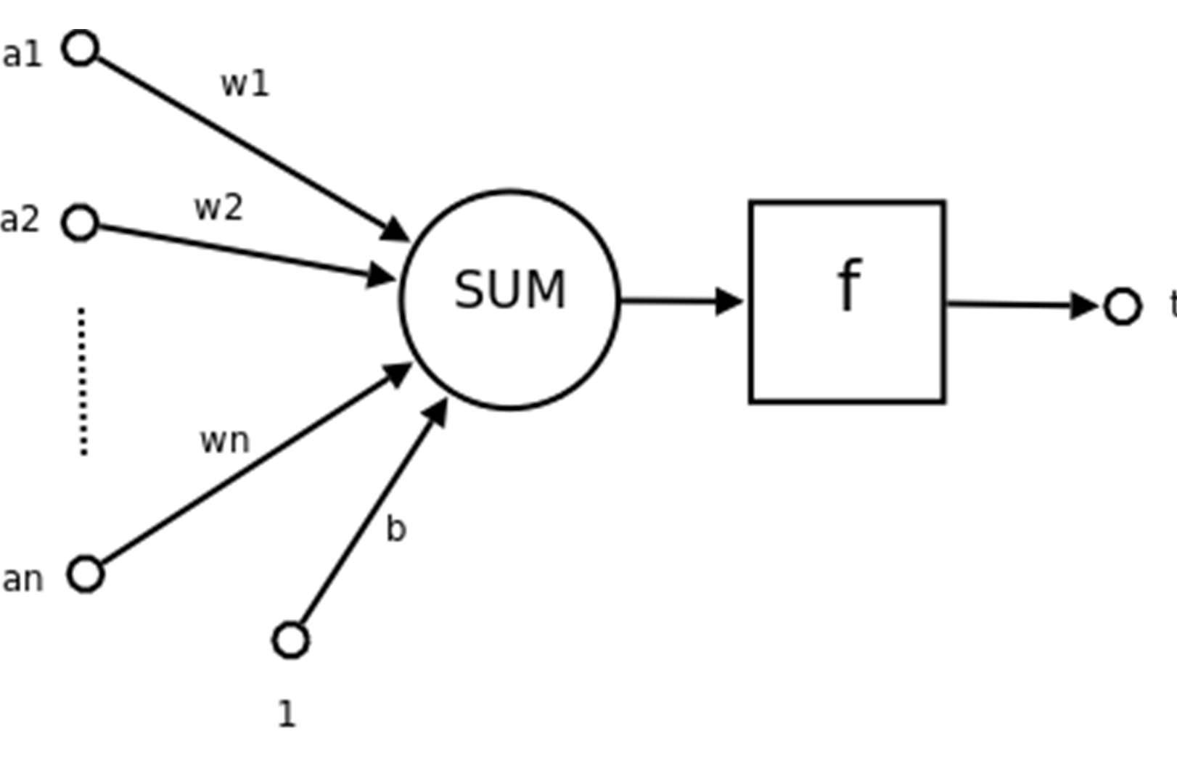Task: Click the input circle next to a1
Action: (x=80, y=48)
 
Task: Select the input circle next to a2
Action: (x=80, y=222)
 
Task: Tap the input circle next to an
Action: (x=86, y=574)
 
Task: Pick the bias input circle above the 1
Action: (x=290, y=640)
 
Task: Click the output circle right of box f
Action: (x=1122, y=306)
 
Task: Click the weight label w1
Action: (x=245, y=84)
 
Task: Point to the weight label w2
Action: (x=218, y=208)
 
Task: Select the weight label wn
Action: (x=225, y=440)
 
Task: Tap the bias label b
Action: (x=395, y=529)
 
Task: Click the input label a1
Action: (x=22, y=54)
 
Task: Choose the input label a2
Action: (x=20, y=220)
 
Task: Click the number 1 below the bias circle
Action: (x=287, y=714)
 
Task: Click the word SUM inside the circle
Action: (x=509, y=289)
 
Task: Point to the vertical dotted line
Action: (x=83, y=381)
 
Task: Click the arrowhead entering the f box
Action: (x=728, y=301)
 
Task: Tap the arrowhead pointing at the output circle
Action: (x=1083, y=305)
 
